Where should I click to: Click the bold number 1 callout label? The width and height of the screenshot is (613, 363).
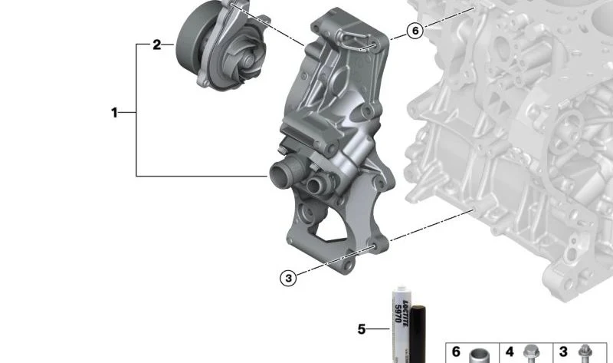coord(114,113)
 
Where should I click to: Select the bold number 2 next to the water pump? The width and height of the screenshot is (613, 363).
coord(157,45)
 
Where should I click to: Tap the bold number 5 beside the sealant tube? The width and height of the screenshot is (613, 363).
coord(362,329)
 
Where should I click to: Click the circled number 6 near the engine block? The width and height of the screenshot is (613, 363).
coord(415,31)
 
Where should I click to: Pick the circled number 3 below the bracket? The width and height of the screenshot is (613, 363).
coord(289,278)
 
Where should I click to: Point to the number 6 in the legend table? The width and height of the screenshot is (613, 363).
coord(456,351)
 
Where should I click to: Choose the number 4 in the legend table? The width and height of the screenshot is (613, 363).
coord(510,351)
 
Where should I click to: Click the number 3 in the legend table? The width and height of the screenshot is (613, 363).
coord(563,351)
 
